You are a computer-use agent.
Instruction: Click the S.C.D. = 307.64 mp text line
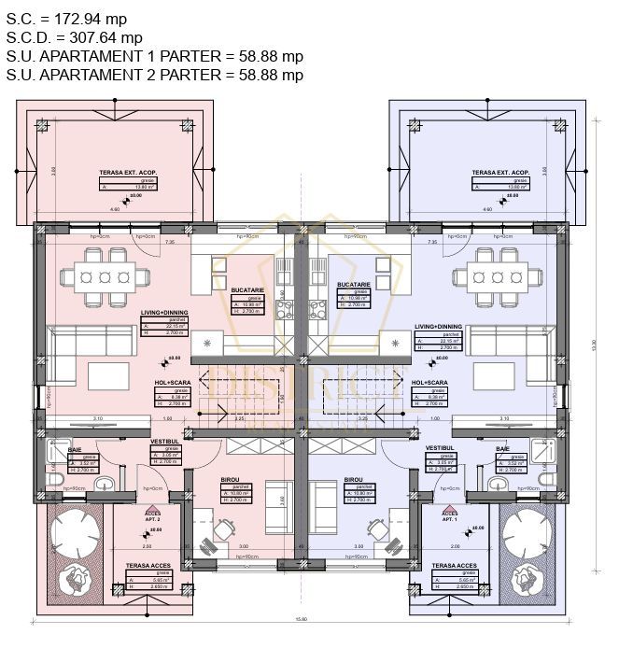tap(75, 37)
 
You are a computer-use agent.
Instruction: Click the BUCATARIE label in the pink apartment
tap(248, 290)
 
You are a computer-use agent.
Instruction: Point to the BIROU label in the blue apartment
tap(353, 479)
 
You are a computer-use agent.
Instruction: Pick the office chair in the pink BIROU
tap(222, 529)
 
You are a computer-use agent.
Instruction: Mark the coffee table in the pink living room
tap(115, 376)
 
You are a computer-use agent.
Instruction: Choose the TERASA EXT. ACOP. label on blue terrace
tap(499, 173)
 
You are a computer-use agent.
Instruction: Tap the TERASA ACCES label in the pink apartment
tap(148, 566)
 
